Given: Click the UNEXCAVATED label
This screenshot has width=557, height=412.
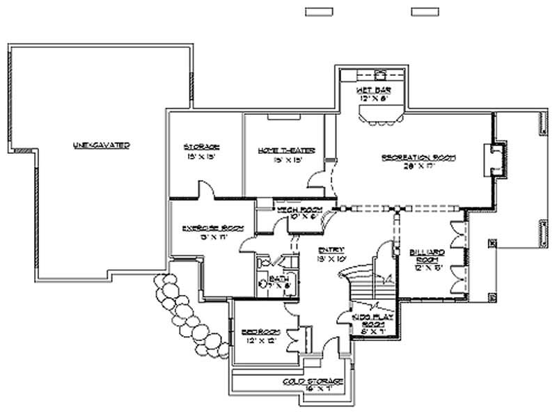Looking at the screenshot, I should pos(101,145).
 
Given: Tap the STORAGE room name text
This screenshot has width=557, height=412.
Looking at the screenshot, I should pos(202,147).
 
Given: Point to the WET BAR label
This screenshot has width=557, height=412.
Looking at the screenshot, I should pos(372,90).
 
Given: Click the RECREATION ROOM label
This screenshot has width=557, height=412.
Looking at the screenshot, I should pos(418,158).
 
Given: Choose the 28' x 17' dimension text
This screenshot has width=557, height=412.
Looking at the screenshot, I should pos(418,167).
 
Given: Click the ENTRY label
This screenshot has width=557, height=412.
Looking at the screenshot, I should pos(328,249).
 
